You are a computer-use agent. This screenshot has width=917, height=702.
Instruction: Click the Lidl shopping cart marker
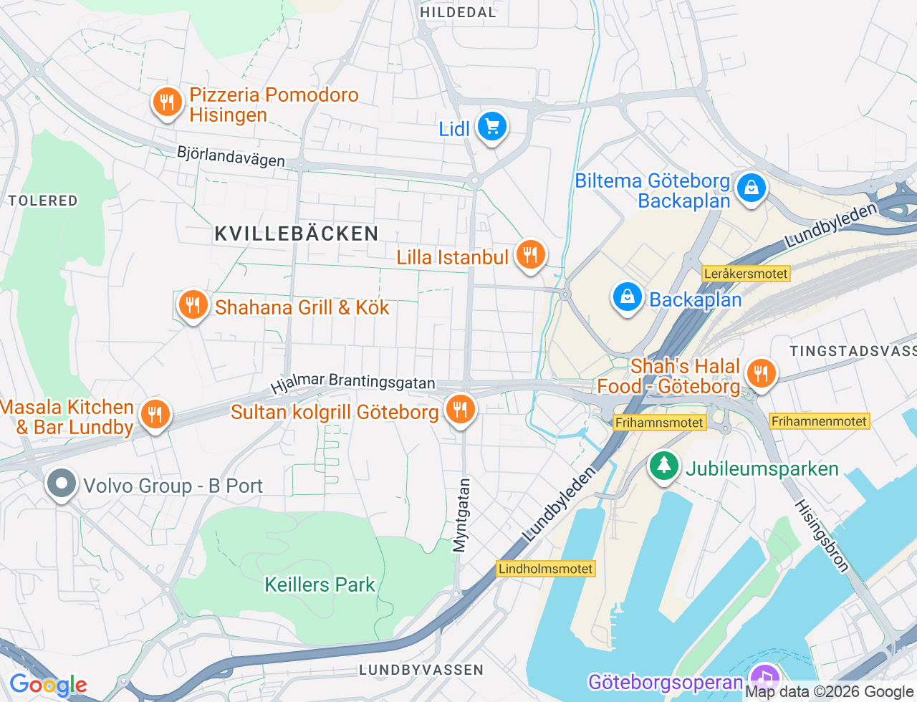click(x=491, y=128)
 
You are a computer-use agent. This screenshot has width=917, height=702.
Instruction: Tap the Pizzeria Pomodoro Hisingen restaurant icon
click(x=167, y=102)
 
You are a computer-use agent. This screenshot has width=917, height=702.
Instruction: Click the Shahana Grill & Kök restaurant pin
click(x=193, y=306)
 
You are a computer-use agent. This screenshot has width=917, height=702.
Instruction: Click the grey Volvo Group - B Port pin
click(x=62, y=484)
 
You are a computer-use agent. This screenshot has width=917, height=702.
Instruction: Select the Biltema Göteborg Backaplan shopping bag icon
click(x=751, y=188)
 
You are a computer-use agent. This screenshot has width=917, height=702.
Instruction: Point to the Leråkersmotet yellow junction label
click(x=746, y=274)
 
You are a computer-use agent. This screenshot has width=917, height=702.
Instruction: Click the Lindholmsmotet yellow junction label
click(x=546, y=569)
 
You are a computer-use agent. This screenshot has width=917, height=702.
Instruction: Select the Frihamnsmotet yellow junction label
click(x=659, y=423)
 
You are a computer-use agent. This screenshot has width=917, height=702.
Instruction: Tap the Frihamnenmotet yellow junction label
click(x=819, y=421)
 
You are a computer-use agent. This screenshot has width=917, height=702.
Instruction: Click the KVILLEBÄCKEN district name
click(x=297, y=234)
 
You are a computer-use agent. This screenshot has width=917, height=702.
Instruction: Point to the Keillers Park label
click(x=320, y=585)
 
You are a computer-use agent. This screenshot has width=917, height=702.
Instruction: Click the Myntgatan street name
click(x=462, y=516)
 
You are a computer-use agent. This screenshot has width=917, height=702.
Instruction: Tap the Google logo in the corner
click(x=48, y=685)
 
